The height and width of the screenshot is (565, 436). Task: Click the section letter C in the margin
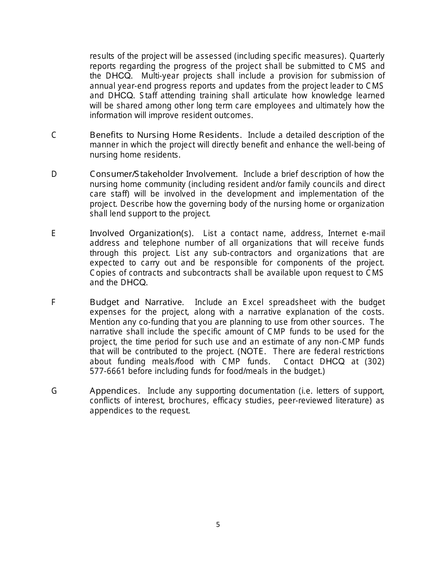coord(54,135)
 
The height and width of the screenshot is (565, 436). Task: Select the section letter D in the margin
coord(54,174)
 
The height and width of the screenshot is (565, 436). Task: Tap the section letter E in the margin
coord(54,233)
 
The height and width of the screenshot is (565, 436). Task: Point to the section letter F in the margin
coord(54,302)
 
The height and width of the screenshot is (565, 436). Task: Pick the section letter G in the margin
coord(54,391)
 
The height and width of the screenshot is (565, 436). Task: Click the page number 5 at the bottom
coord(218,525)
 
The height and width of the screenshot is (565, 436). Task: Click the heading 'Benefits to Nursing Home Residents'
coord(165,135)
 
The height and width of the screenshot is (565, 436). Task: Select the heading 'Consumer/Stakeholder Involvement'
coord(163,174)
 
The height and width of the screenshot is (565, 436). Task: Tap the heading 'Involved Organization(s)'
coord(141,233)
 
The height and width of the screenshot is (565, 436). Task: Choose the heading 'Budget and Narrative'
coord(136,302)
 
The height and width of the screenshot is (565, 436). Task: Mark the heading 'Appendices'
coord(115,391)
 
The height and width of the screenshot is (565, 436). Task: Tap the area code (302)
coord(375,362)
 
